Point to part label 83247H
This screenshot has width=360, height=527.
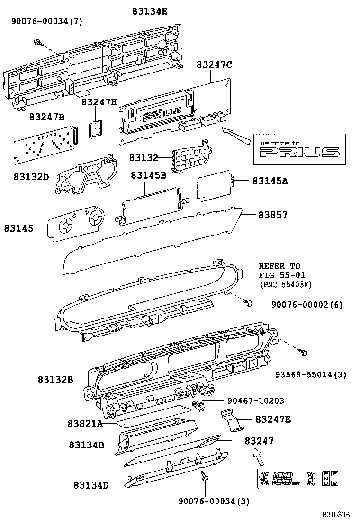pos(99,102)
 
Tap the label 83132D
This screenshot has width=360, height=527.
pos(31,176)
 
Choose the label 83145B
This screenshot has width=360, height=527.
pos(148,175)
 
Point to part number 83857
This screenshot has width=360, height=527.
pos(273,215)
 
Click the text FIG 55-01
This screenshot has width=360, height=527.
pos(282,275)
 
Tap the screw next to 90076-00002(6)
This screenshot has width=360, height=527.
pos(247,302)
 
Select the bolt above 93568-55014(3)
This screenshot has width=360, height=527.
pos(305,352)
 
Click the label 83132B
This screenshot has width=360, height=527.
pos(55,380)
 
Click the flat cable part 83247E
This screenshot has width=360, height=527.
pos(232,420)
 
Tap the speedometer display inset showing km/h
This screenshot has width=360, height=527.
pos(298,479)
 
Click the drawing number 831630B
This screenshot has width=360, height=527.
pos(336,514)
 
